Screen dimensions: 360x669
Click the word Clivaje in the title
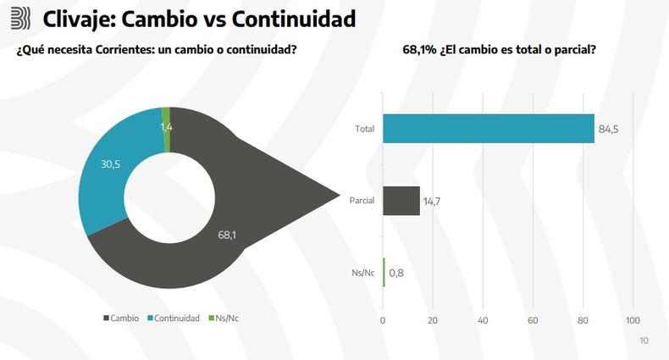[x=77, y=18]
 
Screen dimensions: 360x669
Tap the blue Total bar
[x=489, y=129]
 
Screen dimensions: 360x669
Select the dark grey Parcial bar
[x=401, y=201]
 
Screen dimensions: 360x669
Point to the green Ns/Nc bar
[x=384, y=272]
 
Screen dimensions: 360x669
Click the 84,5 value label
[x=609, y=130]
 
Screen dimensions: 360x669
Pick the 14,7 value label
[x=433, y=202]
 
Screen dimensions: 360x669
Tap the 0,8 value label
[x=396, y=273]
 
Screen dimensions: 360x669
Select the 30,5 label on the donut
[x=111, y=163]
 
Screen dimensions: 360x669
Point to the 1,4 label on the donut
[x=167, y=127]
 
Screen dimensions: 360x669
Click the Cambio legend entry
[x=122, y=318]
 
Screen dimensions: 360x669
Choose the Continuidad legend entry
[x=175, y=318]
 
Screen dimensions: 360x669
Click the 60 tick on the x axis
[x=533, y=320]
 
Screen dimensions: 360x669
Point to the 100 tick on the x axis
[x=632, y=320]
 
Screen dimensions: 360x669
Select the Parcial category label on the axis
[x=362, y=201]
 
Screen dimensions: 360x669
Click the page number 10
[x=644, y=341]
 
